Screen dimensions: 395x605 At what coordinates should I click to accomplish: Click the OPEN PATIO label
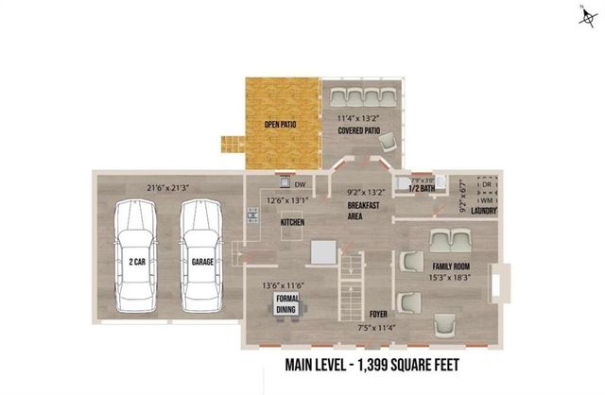pyautogui.click(x=283, y=123)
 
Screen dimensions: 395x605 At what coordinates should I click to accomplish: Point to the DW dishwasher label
pyautogui.click(x=300, y=185)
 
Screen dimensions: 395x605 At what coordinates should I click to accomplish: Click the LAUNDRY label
pyautogui.click(x=484, y=211)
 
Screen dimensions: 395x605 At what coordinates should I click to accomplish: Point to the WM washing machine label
pyautogui.click(x=485, y=199)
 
